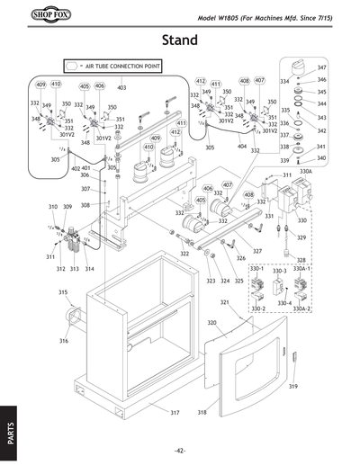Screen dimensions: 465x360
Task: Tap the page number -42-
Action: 180,450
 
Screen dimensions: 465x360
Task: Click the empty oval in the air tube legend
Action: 73,66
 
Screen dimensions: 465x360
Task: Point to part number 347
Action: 321,68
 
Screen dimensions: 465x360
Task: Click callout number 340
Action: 321,158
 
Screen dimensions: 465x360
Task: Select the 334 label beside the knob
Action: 284,82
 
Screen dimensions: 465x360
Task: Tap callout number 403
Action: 121,88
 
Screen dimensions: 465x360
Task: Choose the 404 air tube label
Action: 242,146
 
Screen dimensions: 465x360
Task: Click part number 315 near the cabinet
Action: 64,292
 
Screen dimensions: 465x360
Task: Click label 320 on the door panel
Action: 212,322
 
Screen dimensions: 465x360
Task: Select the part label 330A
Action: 306,170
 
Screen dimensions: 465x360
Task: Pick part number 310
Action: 53,207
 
